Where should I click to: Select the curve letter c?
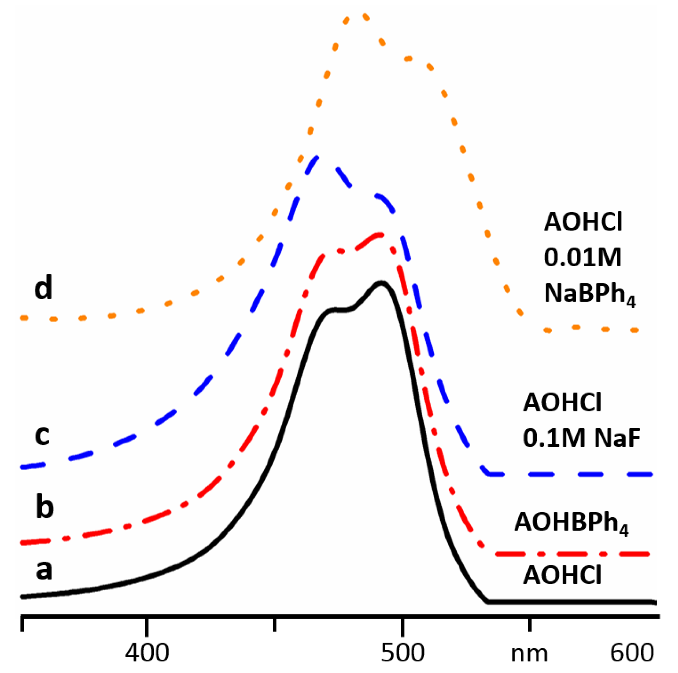tap(42, 436)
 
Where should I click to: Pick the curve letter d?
tap(43, 287)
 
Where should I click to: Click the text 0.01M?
tap(583, 257)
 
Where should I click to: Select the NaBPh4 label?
tap(590, 294)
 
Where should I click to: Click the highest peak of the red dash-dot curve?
tap(379, 234)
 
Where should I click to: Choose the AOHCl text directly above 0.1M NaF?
tap(562, 403)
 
